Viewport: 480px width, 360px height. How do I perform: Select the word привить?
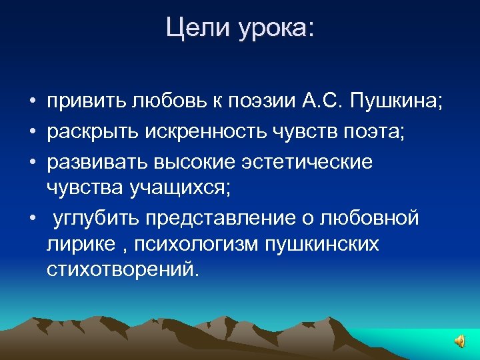[x=87, y=102]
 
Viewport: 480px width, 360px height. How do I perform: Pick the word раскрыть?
[x=91, y=131]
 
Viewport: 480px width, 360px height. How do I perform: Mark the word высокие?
[x=193, y=160]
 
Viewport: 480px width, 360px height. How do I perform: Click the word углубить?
[x=93, y=218]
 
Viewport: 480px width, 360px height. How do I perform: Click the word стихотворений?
[x=123, y=269]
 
